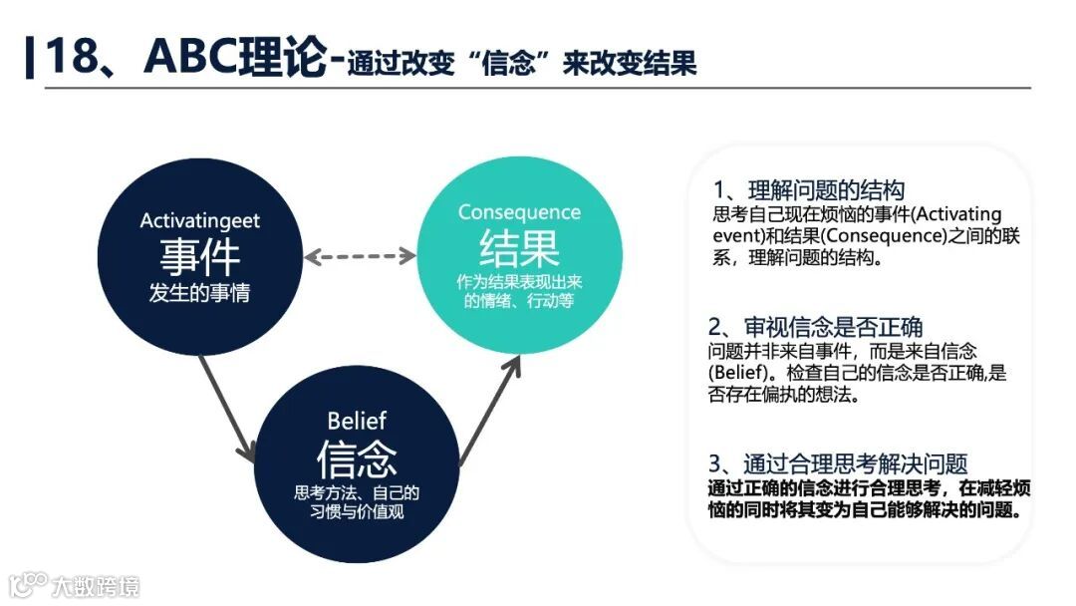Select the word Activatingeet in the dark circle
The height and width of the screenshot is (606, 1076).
200,220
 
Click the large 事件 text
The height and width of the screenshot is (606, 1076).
200,256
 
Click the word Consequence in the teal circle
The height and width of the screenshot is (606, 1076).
519,212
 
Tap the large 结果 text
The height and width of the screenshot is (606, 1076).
519,247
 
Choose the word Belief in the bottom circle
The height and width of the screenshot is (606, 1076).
357,421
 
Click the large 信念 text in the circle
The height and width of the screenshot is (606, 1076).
357,457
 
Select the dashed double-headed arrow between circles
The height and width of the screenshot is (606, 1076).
360,256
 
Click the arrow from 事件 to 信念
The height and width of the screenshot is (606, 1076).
227,406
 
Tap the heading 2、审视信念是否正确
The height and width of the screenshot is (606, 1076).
816,327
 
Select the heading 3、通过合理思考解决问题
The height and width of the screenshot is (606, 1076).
838,463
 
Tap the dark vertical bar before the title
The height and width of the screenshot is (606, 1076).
28,57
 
